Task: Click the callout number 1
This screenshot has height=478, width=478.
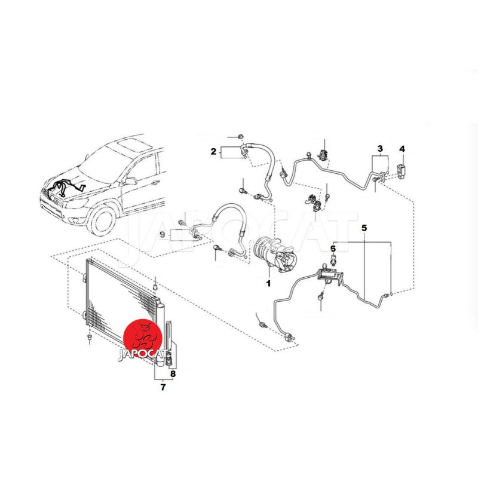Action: tap(268, 283)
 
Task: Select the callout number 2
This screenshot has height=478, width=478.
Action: tap(213, 151)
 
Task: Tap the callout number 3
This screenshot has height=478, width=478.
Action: tap(380, 149)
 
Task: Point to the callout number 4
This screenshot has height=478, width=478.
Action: tap(402, 149)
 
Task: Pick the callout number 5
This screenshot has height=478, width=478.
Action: tap(364, 228)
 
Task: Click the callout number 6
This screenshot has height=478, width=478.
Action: tap(333, 249)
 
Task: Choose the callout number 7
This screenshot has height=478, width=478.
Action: tap(163, 387)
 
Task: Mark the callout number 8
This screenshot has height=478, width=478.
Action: tap(173, 373)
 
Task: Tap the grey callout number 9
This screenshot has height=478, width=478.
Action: tap(163, 235)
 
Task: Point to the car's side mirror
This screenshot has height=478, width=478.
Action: tap(130, 181)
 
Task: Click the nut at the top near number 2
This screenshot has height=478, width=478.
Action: tap(240, 136)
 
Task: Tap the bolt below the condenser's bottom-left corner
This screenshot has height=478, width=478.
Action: tap(89, 338)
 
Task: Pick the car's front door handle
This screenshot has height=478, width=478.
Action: tap(155, 183)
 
